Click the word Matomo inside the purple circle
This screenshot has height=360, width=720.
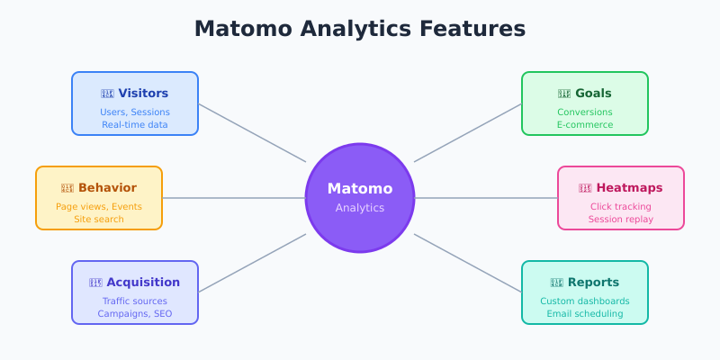tap(360, 189)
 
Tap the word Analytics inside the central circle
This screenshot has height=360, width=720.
tap(360, 208)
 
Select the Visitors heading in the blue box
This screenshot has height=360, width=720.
tap(143, 93)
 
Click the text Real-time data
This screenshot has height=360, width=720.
tap(135, 124)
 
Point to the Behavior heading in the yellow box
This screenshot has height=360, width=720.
tap(107, 187)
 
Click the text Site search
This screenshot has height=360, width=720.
tap(99, 219)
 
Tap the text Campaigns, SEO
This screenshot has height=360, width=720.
tap(135, 313)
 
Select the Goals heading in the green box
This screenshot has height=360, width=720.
tap(593, 93)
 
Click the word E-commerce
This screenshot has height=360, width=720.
tap(585, 124)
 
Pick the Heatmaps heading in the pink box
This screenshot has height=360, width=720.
tap(629, 187)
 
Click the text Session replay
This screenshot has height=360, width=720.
tap(621, 219)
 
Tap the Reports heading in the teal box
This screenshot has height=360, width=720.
tap(593, 282)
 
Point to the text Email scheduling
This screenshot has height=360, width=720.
tap(585, 313)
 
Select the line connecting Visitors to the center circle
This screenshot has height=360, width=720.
tap(252, 133)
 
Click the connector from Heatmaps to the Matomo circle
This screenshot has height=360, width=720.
tap(486, 198)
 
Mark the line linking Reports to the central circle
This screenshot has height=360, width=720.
tap(468, 263)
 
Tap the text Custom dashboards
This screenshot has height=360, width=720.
tap(585, 301)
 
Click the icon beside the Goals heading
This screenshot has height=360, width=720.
tap(564, 93)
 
